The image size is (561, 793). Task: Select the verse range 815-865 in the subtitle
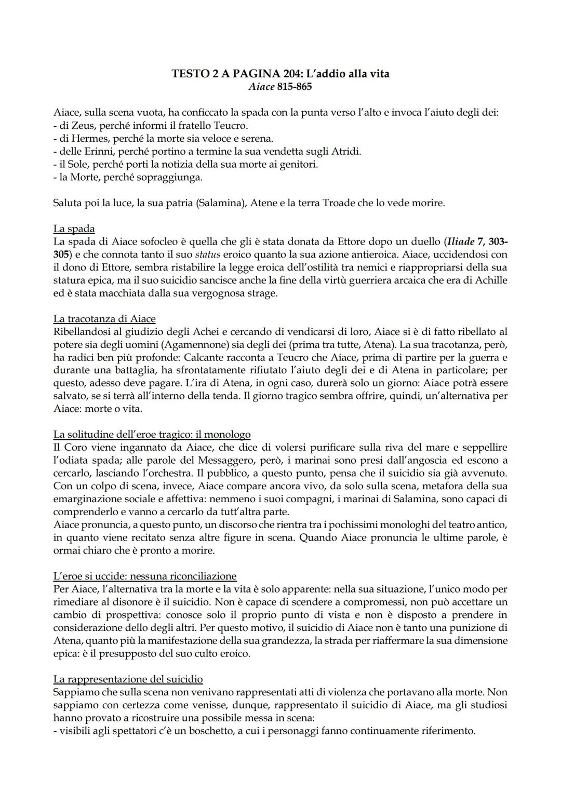click(x=295, y=87)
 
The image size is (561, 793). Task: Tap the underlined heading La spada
click(x=74, y=229)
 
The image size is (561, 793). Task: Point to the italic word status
click(x=207, y=254)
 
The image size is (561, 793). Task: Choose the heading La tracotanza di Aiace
click(x=104, y=318)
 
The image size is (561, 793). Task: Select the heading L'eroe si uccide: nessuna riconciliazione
click(x=145, y=576)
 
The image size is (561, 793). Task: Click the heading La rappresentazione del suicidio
click(x=128, y=679)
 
